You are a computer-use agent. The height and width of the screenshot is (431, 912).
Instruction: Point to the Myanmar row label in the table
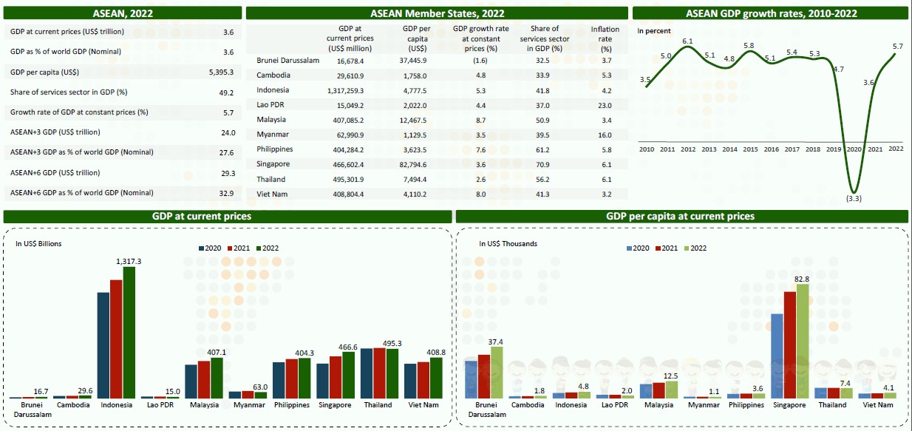pos(273,135)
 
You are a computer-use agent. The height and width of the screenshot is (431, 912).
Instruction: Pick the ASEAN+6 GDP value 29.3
pos(228,173)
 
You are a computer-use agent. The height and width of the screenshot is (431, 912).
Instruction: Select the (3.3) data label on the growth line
pos(854,199)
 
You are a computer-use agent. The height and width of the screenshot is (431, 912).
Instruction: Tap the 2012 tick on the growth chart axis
pos(688,149)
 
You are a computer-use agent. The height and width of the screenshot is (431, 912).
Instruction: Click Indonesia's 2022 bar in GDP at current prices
pos(129,332)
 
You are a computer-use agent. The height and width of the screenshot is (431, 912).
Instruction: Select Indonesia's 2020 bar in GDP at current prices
pos(103,345)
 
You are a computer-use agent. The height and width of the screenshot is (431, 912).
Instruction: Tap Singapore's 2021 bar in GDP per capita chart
pos(789,345)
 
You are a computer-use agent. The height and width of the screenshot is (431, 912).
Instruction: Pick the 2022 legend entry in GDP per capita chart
pos(694,248)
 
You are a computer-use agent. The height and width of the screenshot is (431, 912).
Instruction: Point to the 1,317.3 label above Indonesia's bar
pos(129,261)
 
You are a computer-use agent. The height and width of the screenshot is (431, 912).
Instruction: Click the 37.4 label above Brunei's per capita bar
pos(496,342)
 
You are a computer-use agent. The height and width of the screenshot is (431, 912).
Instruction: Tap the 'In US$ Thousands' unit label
pos(508,243)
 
